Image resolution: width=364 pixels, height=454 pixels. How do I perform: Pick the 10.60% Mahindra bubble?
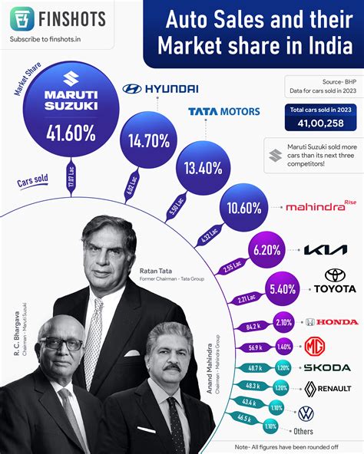coord(243,208)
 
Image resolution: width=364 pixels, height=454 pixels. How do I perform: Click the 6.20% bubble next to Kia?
coord(267,250)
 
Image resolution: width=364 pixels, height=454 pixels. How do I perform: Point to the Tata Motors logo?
coord(223,111)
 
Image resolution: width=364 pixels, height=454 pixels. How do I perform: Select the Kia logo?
coord(325,250)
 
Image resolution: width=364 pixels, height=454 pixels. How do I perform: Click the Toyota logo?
coord(335,281)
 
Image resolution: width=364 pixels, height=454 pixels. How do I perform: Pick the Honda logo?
coord(332,322)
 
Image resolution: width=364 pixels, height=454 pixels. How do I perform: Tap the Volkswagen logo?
coord(306,413)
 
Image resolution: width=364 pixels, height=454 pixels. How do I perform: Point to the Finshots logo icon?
coord(22,18)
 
